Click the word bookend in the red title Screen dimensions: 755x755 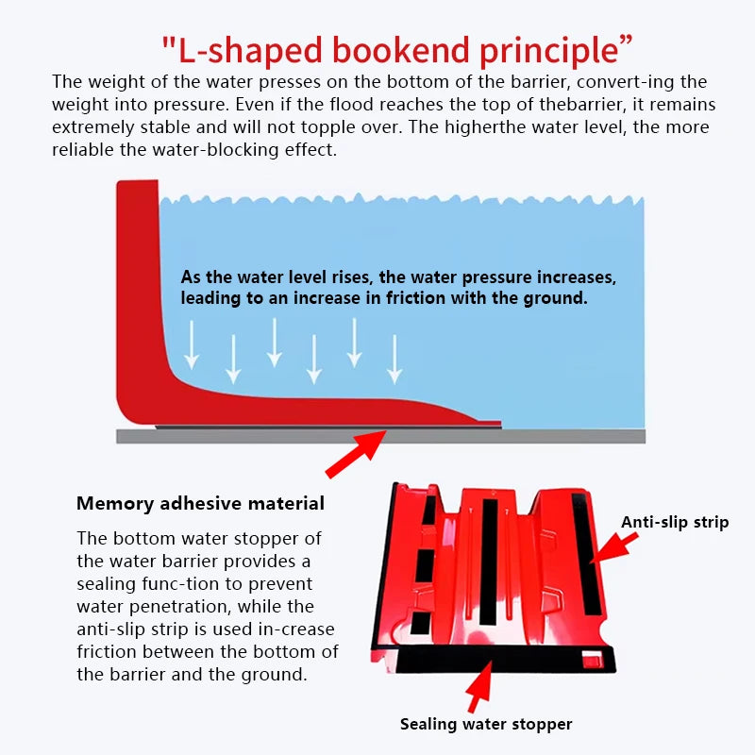[x=400, y=50]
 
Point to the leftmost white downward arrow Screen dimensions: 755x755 [x=192, y=344]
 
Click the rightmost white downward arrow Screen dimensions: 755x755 [x=394, y=360]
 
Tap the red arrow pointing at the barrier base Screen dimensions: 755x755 [x=356, y=454]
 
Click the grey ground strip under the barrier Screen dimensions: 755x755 [x=380, y=436]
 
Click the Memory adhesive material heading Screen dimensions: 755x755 [x=200, y=504]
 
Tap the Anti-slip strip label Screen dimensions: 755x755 [x=675, y=523]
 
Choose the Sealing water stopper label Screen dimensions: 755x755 [x=486, y=724]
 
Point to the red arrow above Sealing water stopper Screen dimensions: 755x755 [x=480, y=687]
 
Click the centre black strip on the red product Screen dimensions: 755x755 [x=488, y=562]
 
